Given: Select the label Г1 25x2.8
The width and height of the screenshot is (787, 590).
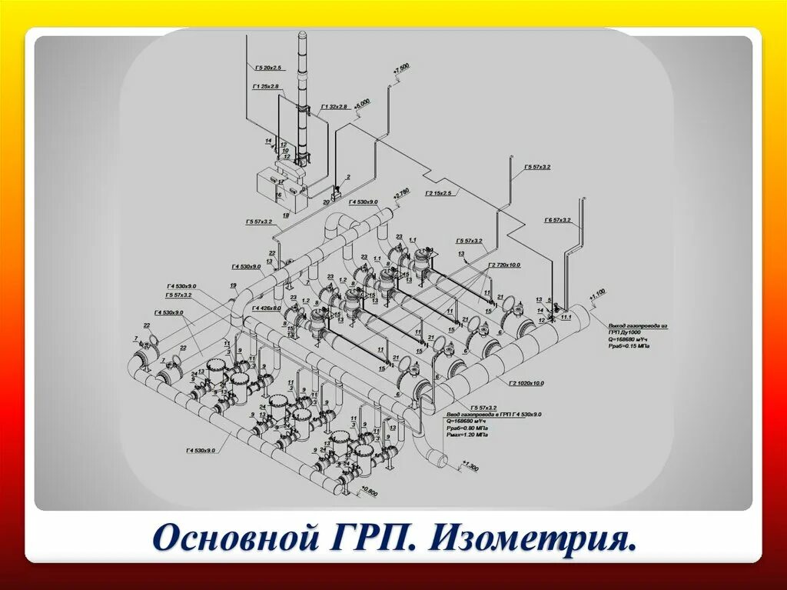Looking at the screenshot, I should (266, 86).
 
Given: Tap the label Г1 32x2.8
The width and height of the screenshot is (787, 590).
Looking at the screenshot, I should (334, 106).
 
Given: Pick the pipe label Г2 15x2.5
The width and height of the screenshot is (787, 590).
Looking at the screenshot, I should (439, 192).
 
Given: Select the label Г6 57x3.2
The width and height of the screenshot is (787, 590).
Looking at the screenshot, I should (557, 220).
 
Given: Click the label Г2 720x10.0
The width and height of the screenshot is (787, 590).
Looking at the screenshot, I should (505, 265).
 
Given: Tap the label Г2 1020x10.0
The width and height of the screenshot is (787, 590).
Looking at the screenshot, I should (526, 382).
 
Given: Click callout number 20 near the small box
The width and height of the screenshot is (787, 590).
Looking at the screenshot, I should (326, 202).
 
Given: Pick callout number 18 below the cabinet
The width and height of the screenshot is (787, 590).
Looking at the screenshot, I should (285, 216).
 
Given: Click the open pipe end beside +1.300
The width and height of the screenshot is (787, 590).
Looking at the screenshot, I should (440, 460).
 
